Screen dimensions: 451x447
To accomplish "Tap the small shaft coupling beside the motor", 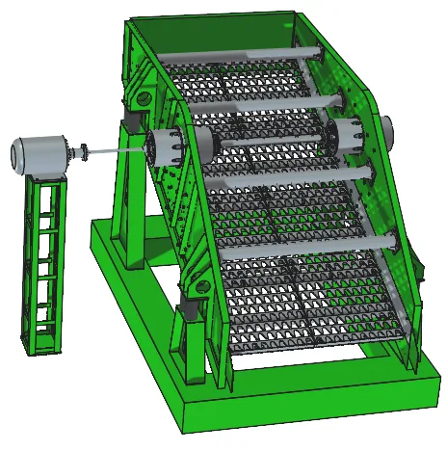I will click(x=85, y=150).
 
